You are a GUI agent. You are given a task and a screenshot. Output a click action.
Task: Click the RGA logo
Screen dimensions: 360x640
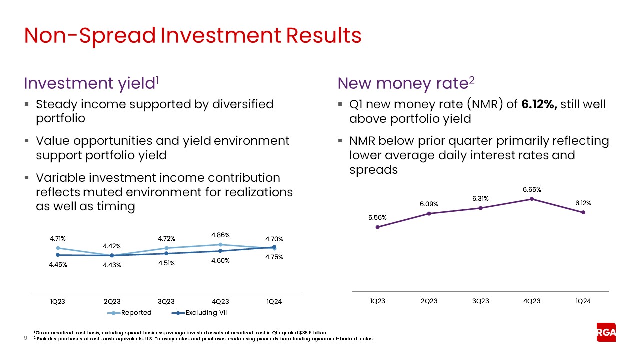pyautogui.click(x=606, y=332)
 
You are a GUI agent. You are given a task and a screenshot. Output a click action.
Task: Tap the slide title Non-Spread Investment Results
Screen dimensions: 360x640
pyautogui.click(x=193, y=36)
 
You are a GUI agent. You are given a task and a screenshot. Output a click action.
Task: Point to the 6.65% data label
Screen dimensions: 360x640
pyautogui.click(x=532, y=189)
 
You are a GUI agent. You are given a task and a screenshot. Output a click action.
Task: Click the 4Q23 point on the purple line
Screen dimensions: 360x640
pyautogui.click(x=532, y=199)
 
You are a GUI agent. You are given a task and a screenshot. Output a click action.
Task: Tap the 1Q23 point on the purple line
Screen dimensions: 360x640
pyautogui.click(x=377, y=227)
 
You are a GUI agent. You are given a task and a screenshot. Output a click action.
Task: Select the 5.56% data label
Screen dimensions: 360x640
pyautogui.click(x=377, y=217)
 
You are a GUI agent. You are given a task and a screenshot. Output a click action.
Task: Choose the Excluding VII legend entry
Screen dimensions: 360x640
pyautogui.click(x=199, y=313)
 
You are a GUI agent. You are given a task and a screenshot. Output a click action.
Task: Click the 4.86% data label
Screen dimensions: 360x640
pyautogui.click(x=220, y=235)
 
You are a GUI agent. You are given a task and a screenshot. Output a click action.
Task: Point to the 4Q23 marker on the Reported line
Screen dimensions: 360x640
pyautogui.click(x=220, y=245)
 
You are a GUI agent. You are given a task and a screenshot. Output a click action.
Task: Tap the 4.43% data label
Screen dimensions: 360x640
pyautogui.click(x=112, y=265)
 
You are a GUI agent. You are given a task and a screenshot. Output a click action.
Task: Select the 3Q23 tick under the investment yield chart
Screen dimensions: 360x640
pyautogui.click(x=166, y=301)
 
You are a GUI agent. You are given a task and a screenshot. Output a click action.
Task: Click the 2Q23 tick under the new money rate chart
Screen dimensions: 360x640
pyautogui.click(x=429, y=301)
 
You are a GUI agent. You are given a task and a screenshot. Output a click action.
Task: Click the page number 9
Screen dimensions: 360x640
pyautogui.click(x=26, y=338)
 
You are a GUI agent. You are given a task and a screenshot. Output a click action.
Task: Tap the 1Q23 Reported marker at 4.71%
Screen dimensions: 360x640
pyautogui.click(x=58, y=248)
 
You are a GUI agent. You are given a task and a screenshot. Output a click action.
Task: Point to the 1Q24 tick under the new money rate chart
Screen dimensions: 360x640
pyautogui.click(x=583, y=301)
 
